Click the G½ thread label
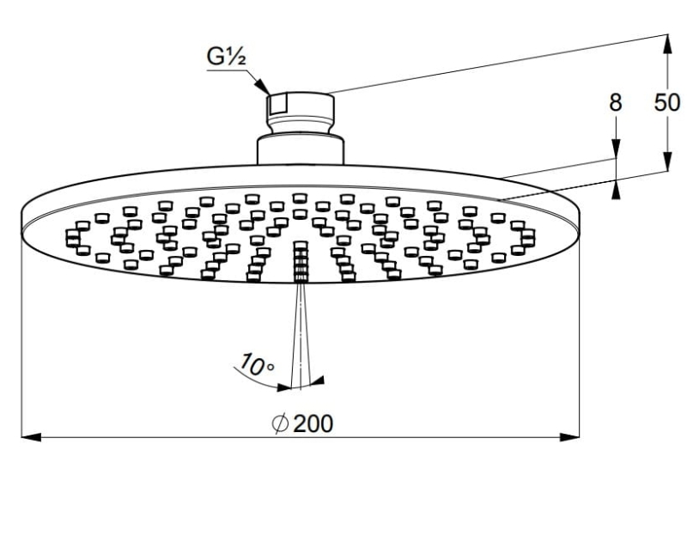tap(228, 58)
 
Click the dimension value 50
tap(667, 102)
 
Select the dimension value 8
tap(615, 102)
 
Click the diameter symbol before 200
tap(279, 423)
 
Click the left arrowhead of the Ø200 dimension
tap(31, 437)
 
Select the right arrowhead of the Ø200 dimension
tap(570, 437)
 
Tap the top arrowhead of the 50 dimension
tap(667, 42)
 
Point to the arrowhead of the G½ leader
tap(264, 88)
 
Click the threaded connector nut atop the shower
tap(300, 110)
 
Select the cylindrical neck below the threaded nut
tap(300, 149)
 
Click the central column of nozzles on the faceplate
tap(300, 261)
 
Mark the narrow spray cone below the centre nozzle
tap(300, 335)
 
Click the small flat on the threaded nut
tap(277, 106)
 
